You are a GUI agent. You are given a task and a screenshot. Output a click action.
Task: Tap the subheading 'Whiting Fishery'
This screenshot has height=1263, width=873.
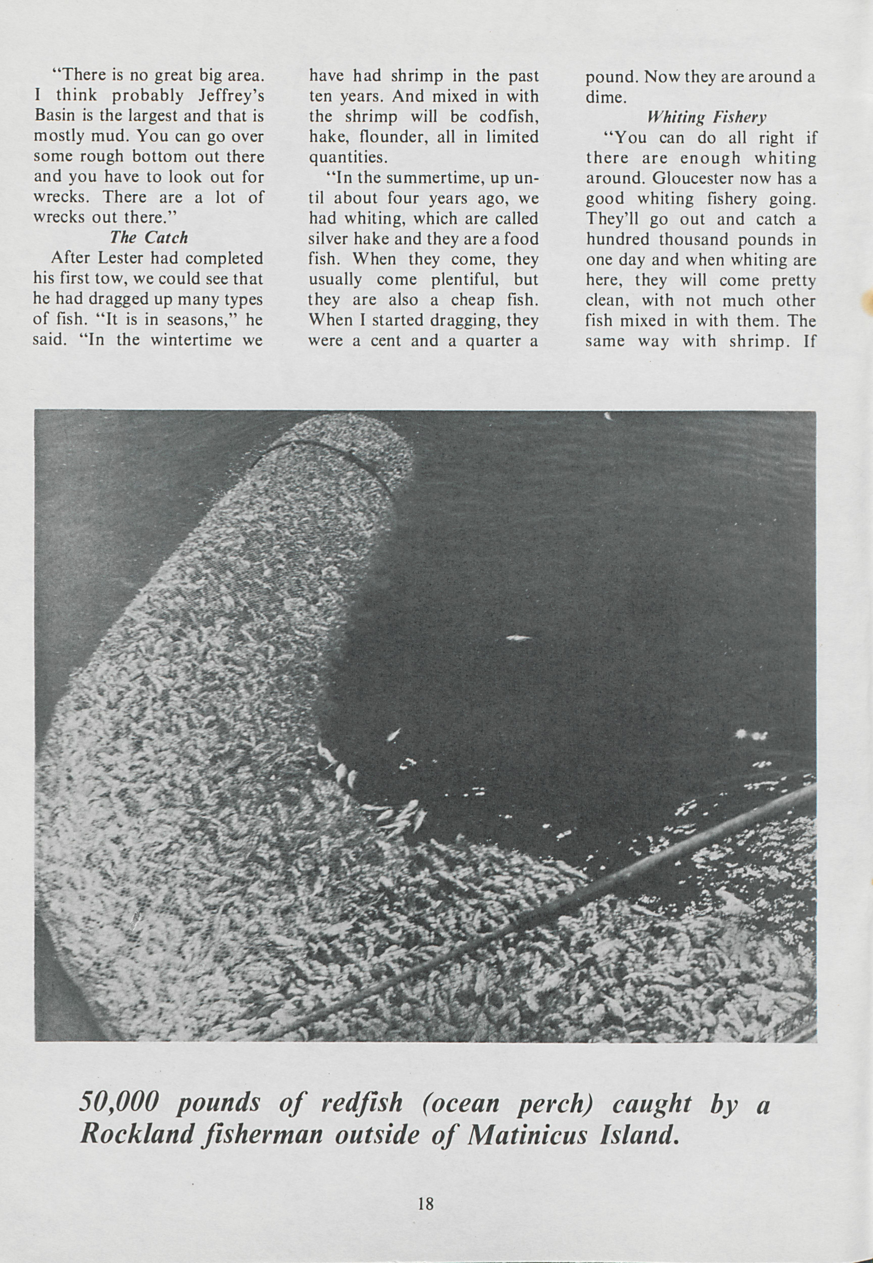click(x=706, y=117)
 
